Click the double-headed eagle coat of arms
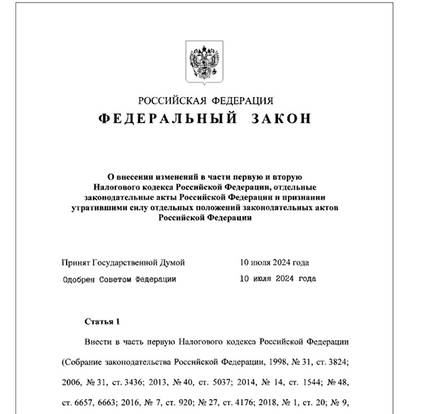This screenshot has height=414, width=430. (204, 61)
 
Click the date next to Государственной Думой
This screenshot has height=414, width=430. (274, 263)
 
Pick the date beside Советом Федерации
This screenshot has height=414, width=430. (277, 279)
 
